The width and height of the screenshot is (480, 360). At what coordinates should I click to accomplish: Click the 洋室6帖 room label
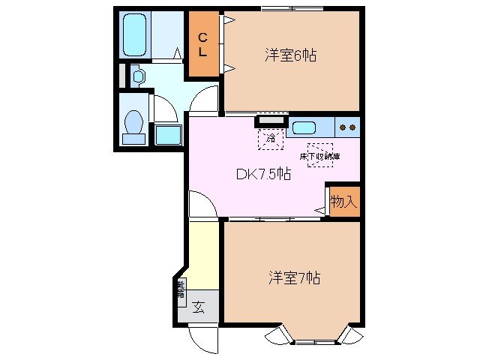(x=289, y=55)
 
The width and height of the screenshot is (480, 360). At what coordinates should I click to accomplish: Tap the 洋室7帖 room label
(x=295, y=278)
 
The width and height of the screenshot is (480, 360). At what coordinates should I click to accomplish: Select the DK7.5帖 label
(x=264, y=174)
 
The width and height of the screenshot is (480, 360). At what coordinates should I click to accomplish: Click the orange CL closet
(x=203, y=45)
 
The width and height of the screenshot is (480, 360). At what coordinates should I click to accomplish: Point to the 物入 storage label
(x=343, y=202)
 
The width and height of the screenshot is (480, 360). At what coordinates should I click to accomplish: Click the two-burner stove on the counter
(x=347, y=127)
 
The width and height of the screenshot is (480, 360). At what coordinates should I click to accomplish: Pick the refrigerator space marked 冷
(x=270, y=138)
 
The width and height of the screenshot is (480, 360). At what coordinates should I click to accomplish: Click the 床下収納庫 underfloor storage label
(x=319, y=155)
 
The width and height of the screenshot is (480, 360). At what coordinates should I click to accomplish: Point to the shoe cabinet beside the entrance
(x=181, y=289)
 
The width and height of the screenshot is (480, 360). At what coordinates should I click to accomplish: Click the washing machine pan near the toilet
(x=168, y=135)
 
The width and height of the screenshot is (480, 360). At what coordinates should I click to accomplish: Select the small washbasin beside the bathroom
(x=138, y=76)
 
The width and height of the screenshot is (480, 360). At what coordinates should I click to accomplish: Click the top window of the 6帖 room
(x=292, y=9)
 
